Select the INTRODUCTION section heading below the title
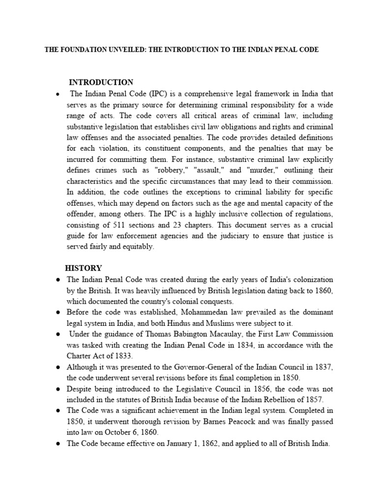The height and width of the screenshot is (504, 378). pyautogui.click(x=101, y=82)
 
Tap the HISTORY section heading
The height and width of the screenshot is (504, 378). pyautogui.click(x=84, y=268)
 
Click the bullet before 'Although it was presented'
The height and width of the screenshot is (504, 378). pyautogui.click(x=58, y=367)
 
